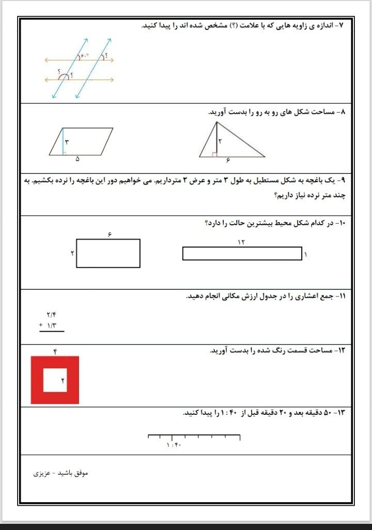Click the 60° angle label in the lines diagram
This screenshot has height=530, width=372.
coord(85,56)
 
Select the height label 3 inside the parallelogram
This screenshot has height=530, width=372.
coord(67,142)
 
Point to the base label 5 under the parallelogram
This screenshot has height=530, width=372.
coord(78,159)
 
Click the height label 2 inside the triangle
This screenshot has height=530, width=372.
coord(220,141)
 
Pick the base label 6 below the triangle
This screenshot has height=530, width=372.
coord(227,160)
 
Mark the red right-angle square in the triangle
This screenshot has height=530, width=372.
coord(214,154)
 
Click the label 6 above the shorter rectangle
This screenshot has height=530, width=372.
coord(110,235)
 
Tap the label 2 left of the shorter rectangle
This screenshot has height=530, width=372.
coord(72,253)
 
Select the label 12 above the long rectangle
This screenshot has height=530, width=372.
coord(241,242)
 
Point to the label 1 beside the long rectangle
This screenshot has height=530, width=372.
coord(306,254)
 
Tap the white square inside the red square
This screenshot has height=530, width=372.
coord(55,380)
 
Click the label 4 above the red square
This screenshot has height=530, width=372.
coord(54,351)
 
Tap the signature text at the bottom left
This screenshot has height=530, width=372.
coord(61,473)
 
